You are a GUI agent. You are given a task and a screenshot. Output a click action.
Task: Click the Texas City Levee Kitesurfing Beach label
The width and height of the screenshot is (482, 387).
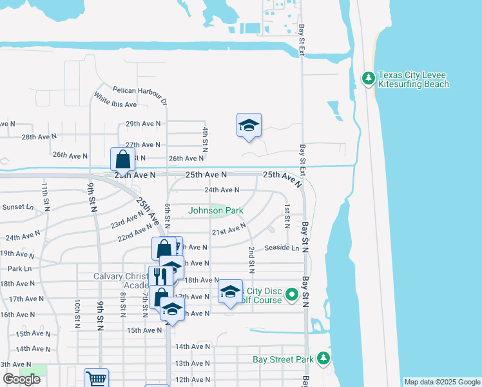413,80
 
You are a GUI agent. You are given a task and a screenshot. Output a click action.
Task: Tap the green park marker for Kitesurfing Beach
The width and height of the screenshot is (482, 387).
369,78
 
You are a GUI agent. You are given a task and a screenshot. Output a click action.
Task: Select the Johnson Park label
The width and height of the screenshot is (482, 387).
216,210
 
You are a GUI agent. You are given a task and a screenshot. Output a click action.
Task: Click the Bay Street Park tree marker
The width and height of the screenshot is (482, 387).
323,359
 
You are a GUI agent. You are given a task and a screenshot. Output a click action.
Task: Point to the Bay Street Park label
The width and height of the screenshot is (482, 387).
283,359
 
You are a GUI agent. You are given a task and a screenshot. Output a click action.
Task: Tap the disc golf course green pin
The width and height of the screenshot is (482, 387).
291,295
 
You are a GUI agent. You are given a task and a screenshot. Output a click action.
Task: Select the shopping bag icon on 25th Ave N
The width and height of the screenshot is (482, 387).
122,159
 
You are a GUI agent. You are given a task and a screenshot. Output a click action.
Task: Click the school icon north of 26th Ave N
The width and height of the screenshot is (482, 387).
248,124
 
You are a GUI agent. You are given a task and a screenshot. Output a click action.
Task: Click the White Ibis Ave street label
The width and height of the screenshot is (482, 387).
115,100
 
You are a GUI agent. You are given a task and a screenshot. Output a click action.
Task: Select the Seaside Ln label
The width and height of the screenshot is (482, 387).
282,248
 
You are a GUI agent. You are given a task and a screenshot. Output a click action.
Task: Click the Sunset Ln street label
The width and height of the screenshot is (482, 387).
17,207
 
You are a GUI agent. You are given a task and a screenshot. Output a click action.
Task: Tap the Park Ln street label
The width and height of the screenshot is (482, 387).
19,268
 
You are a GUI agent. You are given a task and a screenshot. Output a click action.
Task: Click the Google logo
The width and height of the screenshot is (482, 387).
21,379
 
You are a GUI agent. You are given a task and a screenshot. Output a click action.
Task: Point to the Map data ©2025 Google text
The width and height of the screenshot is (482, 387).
441,382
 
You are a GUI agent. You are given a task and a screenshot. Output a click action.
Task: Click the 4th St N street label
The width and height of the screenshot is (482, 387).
205,140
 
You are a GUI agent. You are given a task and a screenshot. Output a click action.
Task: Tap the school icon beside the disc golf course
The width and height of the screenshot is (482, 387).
230,292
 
